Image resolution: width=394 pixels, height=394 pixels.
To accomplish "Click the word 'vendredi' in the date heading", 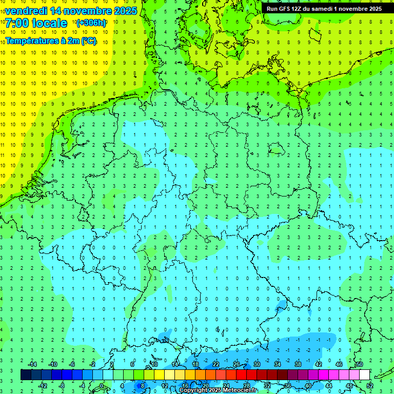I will coord(26,11).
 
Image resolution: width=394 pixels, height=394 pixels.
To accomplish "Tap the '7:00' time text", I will coord(17,23).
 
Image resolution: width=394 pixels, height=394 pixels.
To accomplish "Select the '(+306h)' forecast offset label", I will coord(91,23).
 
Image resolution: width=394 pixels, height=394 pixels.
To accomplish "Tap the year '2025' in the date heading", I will coord(124,11).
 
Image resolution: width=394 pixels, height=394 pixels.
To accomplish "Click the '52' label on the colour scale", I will coord(369,386).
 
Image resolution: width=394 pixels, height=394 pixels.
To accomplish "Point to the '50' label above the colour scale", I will coord(359,364).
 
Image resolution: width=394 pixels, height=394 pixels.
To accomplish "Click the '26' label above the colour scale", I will coord(236,364).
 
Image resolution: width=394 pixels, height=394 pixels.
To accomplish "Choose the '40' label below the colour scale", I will coord(308,386).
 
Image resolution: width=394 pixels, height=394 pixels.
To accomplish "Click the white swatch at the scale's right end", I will coord(364,375).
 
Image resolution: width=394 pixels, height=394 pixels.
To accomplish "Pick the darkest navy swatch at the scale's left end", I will coord(26,375).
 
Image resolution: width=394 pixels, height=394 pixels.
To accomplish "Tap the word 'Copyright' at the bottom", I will coord(194,390).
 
